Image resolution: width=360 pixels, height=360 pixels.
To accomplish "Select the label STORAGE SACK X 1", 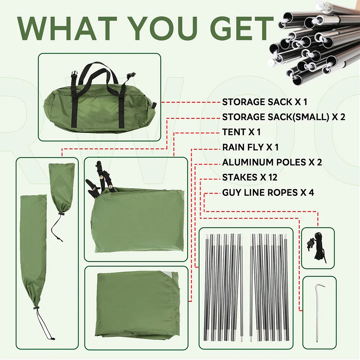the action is (x=265, y=102).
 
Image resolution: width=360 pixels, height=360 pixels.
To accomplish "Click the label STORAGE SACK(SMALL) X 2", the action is (x=284, y=117).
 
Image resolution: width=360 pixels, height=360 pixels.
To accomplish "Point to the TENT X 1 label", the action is (x=241, y=132).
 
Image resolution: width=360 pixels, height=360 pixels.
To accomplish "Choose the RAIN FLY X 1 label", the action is (x=250, y=147).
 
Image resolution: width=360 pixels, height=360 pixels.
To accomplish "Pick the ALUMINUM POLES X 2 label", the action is (x=272, y=162).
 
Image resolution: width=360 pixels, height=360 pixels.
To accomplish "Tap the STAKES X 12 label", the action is (x=250, y=177).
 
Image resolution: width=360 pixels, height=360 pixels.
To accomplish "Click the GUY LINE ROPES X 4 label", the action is (x=268, y=192).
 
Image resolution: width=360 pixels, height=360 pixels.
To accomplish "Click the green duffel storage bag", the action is (x=99, y=99).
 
